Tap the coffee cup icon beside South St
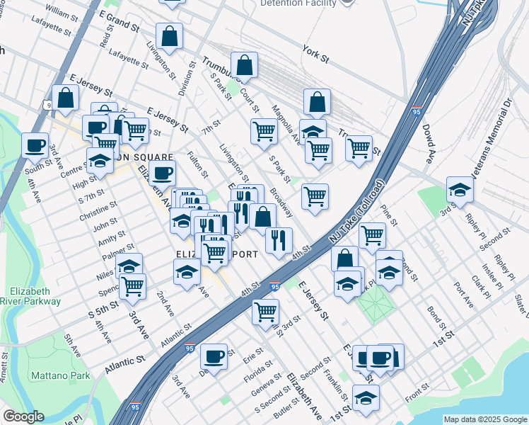[35, 146]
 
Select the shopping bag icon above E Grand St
[170, 35]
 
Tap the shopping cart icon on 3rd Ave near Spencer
[132, 286]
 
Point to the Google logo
[23, 416]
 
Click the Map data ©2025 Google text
[485, 419]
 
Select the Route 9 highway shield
[47, 105]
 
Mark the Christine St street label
[98, 213]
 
